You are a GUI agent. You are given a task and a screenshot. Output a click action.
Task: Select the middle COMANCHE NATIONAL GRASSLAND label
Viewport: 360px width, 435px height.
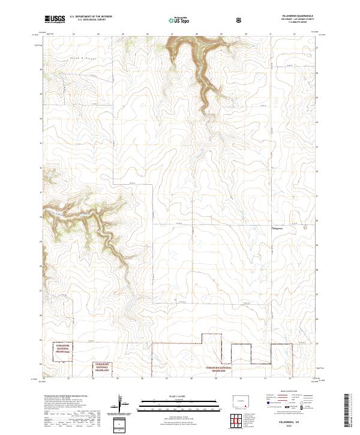103,367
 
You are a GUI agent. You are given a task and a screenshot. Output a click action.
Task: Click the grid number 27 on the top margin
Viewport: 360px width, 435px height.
172,34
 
